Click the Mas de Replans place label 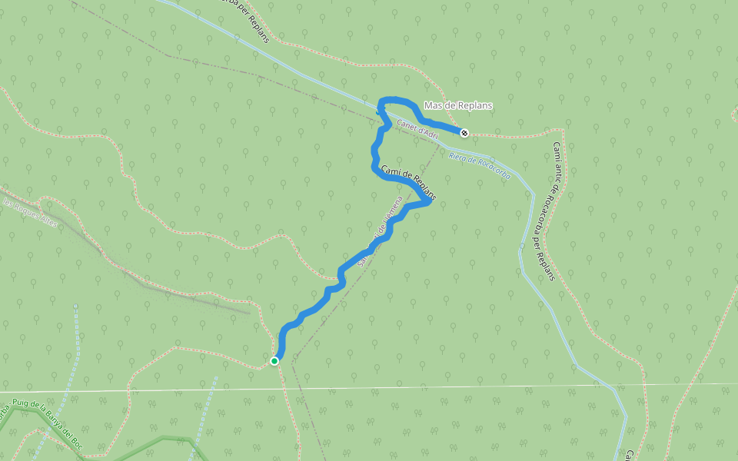(x=457, y=105)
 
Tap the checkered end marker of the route (x=464, y=133)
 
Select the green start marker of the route (x=274, y=360)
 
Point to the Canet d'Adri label (x=417, y=129)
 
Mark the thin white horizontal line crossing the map (x=461, y=387)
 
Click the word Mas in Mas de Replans (x=433, y=105)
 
